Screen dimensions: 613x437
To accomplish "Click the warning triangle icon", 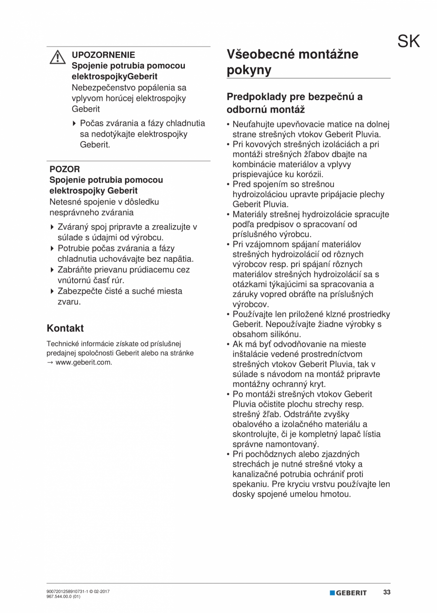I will click(x=57, y=57).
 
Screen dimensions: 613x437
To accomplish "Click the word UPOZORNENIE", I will click(x=103, y=55).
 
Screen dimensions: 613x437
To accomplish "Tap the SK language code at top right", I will click(x=408, y=42).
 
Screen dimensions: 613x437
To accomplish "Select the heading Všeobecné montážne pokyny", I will click(x=293, y=62).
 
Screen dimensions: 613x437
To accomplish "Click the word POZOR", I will click(x=65, y=169).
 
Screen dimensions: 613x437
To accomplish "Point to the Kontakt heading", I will click(x=65, y=328).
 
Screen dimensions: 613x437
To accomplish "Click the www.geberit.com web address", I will click(x=84, y=363).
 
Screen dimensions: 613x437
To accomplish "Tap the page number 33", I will click(x=387, y=593).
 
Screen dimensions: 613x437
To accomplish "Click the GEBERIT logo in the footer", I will click(x=349, y=593).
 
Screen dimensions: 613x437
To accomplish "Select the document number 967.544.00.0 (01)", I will click(x=64, y=597).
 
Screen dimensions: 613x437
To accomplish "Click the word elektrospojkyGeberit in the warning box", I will click(x=108, y=77).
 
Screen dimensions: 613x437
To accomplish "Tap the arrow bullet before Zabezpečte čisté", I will click(x=53, y=291).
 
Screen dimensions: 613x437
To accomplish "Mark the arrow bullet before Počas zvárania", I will click(x=75, y=124).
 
